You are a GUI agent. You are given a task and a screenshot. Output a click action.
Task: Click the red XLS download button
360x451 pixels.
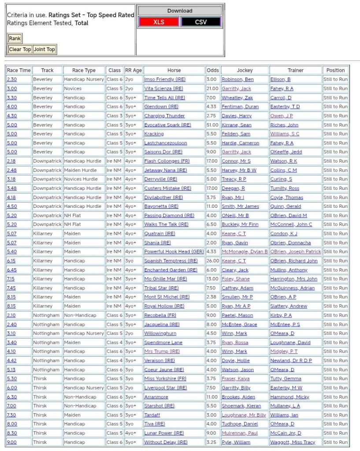(159, 22)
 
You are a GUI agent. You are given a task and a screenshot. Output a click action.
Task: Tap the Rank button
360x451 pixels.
(15, 38)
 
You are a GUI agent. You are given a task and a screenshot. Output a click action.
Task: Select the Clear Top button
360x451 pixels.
(20, 49)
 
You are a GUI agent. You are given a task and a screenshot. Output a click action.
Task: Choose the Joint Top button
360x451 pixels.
(45, 49)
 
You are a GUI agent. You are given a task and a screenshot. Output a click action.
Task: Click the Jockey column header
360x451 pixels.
(245, 70)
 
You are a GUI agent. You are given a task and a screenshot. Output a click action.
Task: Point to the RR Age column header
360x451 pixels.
(133, 70)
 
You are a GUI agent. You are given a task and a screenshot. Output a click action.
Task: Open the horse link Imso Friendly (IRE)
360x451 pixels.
(165, 79)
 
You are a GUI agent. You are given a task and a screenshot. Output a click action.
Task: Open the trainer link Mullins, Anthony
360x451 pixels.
(289, 270)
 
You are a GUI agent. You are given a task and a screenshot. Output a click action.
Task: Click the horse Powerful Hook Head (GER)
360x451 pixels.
(174, 251)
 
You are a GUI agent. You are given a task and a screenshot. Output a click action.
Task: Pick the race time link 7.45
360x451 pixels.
(11, 288)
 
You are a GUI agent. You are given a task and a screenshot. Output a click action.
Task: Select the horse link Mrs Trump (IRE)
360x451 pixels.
(162, 351)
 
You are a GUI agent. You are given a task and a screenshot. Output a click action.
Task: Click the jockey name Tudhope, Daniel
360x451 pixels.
(240, 424)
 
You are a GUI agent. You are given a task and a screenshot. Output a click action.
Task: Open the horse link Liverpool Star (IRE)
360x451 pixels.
(165, 388)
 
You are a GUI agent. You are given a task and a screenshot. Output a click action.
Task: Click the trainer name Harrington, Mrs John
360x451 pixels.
(293, 279)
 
